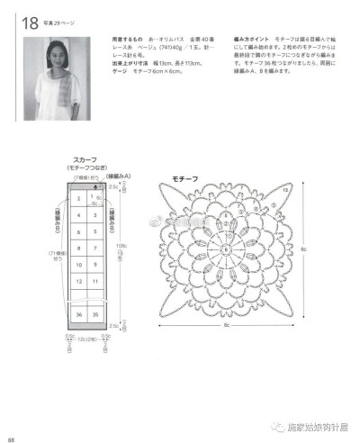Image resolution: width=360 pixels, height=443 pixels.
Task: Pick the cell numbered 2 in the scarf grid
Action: (x=78, y=198)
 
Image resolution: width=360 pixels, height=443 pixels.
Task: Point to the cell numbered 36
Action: (x=78, y=314)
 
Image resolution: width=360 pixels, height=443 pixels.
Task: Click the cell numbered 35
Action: (x=94, y=314)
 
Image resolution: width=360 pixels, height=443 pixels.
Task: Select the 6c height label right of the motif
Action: (x=306, y=249)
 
